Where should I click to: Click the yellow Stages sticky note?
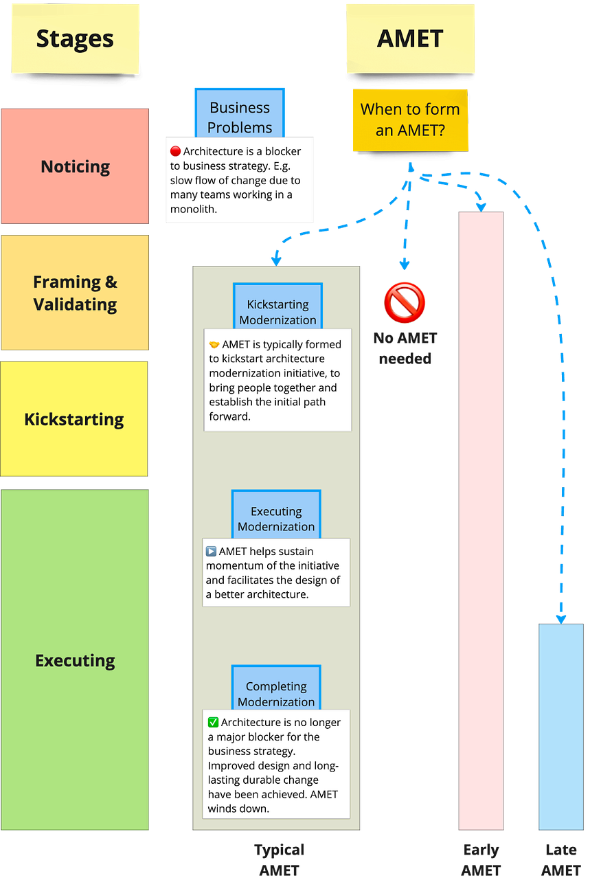(x=76, y=38)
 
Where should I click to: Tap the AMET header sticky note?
(x=410, y=38)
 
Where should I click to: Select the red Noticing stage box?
(x=75, y=166)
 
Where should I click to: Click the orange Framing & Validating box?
(x=75, y=293)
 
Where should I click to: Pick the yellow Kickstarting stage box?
(x=74, y=419)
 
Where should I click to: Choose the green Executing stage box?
(x=75, y=660)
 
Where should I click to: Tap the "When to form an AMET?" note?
(x=410, y=119)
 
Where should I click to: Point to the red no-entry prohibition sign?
(x=405, y=302)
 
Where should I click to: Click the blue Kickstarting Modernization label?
(x=277, y=311)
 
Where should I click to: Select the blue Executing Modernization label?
(x=276, y=518)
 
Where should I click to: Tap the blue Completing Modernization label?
(x=276, y=692)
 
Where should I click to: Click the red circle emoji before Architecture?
(x=175, y=151)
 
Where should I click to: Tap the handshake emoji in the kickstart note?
(x=214, y=344)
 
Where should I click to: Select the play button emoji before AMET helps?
(x=212, y=552)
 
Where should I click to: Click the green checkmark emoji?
(x=213, y=722)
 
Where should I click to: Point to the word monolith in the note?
(x=193, y=210)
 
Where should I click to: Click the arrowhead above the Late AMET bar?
(x=561, y=618)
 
